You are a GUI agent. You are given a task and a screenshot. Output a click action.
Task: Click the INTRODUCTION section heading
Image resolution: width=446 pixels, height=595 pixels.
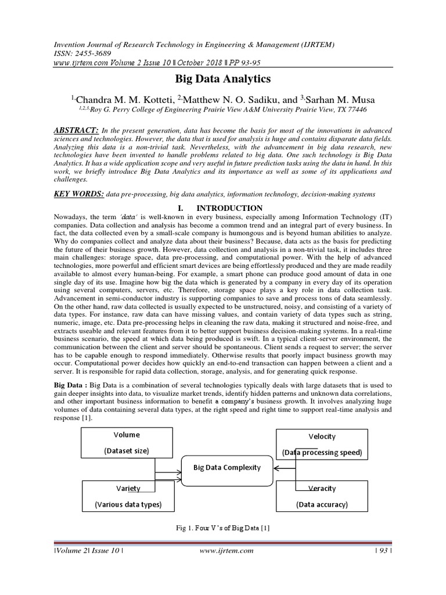tap(229, 208)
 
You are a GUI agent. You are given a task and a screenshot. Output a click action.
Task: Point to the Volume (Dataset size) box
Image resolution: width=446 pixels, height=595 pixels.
tap(127, 443)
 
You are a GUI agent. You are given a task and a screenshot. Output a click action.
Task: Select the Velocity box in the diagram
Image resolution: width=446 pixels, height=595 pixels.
tap(322, 444)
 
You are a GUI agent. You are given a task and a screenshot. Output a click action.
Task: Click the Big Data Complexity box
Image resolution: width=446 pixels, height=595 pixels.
tap(226, 467)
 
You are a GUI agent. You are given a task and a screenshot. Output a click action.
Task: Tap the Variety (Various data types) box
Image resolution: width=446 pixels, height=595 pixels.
tap(128, 496)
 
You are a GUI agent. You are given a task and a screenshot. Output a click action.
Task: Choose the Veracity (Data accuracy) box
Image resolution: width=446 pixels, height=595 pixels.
tap(322, 496)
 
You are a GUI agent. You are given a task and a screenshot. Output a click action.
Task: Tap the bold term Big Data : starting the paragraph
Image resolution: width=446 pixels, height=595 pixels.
tap(70, 385)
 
